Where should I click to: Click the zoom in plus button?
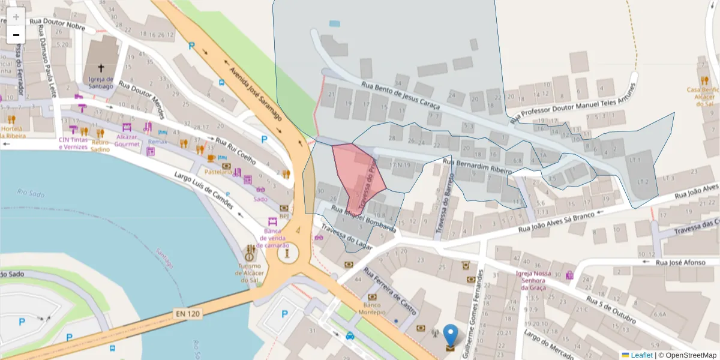point(16,16)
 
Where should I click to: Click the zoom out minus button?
point(16,34)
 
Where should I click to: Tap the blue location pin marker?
point(450,335)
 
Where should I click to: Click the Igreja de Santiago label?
point(100,83)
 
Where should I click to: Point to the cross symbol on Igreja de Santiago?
point(101,68)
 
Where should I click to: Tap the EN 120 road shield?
point(187,313)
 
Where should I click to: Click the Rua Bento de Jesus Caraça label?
point(400,95)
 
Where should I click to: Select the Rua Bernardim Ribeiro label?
point(477,166)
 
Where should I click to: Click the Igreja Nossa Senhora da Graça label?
point(533,280)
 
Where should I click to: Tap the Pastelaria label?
point(221,172)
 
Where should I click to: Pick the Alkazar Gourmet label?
point(127,140)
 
